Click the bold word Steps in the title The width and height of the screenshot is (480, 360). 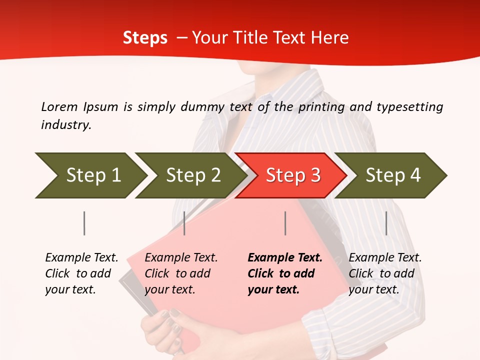point(145,38)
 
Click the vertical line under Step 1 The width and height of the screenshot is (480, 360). point(84,223)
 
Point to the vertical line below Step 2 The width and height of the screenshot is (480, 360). point(184,223)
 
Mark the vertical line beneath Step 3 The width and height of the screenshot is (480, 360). point(285,223)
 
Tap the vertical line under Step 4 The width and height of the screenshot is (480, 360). point(386,223)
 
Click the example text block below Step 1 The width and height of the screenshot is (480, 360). point(81,273)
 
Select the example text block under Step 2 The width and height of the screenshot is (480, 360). point(181,273)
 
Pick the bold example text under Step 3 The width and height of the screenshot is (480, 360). point(285,273)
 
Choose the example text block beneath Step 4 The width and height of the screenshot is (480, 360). point(385,273)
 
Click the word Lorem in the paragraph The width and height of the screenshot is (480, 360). point(59,106)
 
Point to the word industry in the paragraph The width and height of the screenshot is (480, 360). point(66,125)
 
